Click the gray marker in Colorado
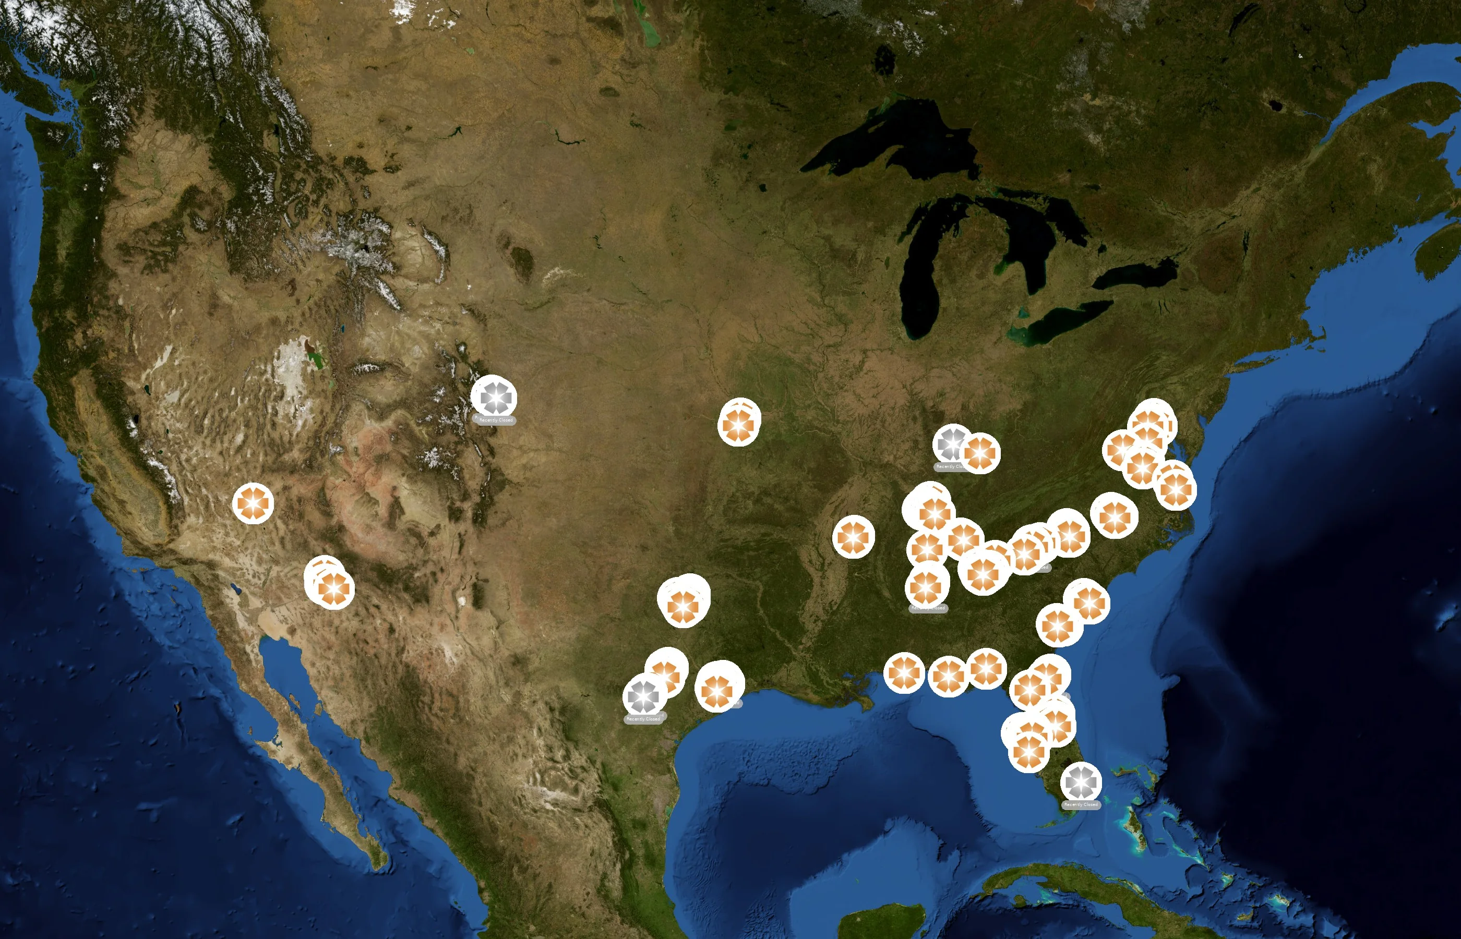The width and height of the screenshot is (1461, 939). point(494,398)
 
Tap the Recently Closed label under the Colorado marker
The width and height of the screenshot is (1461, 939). point(495,420)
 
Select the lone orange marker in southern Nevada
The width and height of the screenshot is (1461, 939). point(253,503)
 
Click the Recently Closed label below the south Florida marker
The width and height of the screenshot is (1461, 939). point(1081,805)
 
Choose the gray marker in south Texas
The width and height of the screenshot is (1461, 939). point(643,696)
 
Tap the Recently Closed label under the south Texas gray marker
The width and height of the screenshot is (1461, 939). point(643,719)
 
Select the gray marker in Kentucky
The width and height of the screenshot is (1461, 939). point(951,443)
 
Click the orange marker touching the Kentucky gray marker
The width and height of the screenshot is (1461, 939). point(980,453)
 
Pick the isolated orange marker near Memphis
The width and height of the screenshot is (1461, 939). point(854,537)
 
